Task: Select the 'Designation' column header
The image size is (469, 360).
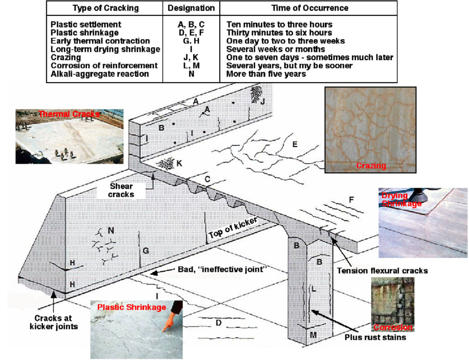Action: tap(190, 8)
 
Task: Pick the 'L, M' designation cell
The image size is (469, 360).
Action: tap(190, 66)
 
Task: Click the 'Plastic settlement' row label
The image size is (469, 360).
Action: tap(86, 25)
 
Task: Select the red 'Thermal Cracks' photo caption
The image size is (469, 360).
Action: tap(69, 114)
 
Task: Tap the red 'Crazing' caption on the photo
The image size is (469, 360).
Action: tap(370, 165)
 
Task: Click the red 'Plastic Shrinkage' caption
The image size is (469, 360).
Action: tap(131, 307)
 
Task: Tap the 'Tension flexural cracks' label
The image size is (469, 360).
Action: tap(382, 271)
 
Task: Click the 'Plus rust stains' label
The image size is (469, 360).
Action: tap(375, 337)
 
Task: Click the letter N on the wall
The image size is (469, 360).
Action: tap(111, 230)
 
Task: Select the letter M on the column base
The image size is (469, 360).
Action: tap(313, 334)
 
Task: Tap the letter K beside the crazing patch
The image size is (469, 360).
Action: tap(178, 164)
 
